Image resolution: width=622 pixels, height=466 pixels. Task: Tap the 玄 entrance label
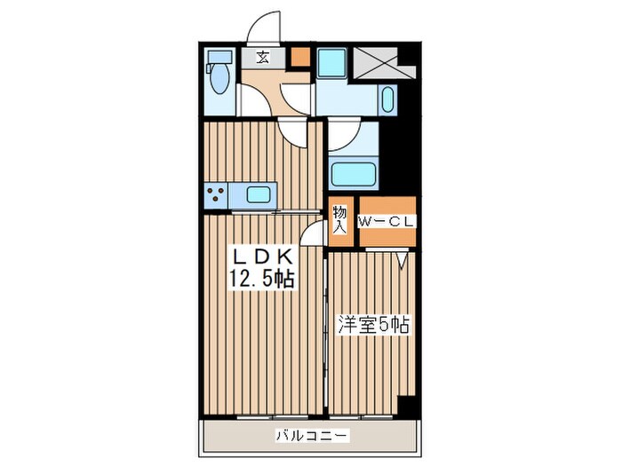pyautogui.click(x=264, y=58)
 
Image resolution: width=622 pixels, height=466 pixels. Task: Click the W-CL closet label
pyautogui.click(x=386, y=223)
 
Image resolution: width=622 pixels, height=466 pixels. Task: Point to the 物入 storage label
pyautogui.click(x=339, y=219)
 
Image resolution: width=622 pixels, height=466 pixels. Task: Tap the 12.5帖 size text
pyautogui.click(x=263, y=278)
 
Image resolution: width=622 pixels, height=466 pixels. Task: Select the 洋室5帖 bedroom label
pyautogui.click(x=372, y=325)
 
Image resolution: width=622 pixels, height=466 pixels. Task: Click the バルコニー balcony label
pyautogui.click(x=311, y=435)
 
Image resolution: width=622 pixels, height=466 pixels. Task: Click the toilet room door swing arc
pyautogui.click(x=251, y=100)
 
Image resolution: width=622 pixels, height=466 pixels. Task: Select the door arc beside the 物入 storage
pyautogui.click(x=313, y=237)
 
